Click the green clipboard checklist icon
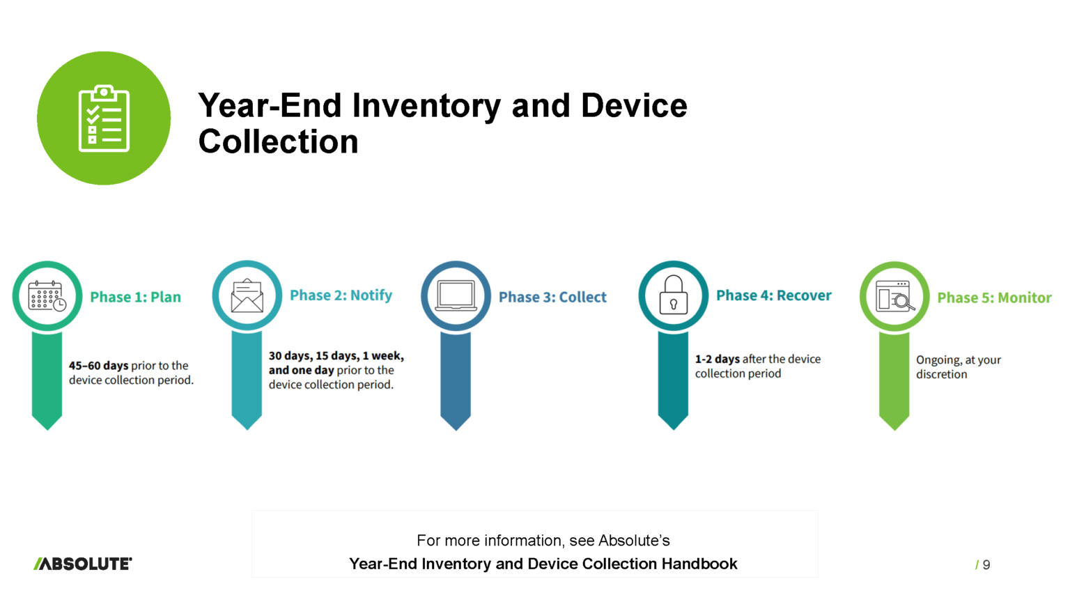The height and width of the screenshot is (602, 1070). [x=104, y=118]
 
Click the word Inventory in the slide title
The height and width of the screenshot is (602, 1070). [x=426, y=106]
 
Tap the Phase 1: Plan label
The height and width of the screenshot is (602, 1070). [x=136, y=298]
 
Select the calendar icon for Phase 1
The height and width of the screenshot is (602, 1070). [x=47, y=296]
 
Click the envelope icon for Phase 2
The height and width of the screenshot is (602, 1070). [x=247, y=295]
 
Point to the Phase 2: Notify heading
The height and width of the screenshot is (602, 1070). [x=341, y=295]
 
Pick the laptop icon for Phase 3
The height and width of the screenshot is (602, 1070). [x=456, y=295]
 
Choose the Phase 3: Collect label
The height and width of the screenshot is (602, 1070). [x=552, y=298]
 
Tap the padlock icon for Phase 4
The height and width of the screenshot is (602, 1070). [x=674, y=295]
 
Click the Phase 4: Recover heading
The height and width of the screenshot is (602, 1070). [x=774, y=295]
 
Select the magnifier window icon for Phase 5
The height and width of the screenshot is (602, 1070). [x=895, y=296]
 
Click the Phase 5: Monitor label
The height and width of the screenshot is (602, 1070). [x=995, y=298]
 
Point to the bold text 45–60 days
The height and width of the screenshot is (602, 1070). [x=98, y=366]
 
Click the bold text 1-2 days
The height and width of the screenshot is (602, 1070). [x=717, y=359]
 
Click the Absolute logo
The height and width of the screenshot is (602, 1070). [x=83, y=564]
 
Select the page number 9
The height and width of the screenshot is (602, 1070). [x=986, y=565]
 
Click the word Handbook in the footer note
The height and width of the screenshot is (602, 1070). [x=699, y=564]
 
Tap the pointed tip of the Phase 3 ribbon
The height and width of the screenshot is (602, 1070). [x=456, y=429]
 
